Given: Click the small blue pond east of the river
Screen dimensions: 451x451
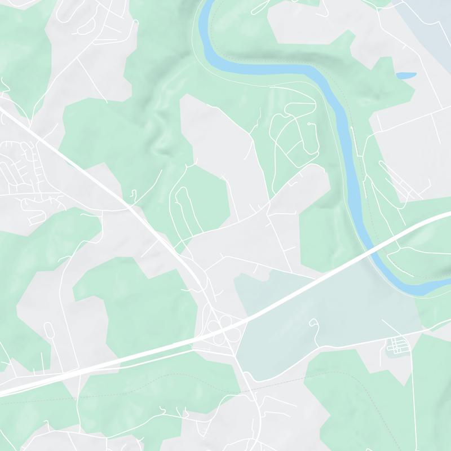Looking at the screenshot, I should pyautogui.click(x=405, y=74).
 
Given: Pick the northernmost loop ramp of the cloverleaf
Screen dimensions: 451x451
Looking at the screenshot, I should pyautogui.click(x=225, y=320).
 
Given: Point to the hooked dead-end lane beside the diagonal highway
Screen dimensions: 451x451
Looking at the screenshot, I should pyautogui.click(x=133, y=194).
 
